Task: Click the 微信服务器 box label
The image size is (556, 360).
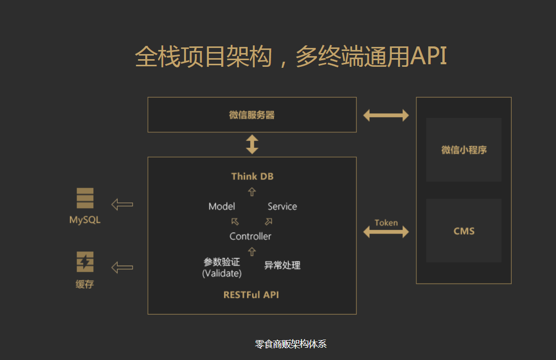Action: tap(252, 115)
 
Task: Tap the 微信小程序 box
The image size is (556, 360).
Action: tap(464, 150)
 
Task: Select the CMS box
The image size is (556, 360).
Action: tap(464, 231)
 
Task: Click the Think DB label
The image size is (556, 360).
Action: tap(252, 176)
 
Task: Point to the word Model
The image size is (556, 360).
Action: tap(222, 207)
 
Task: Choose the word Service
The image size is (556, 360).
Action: tap(282, 207)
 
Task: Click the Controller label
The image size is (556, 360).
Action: tap(250, 236)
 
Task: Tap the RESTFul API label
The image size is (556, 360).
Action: tap(251, 295)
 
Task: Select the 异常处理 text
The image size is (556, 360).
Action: tap(282, 265)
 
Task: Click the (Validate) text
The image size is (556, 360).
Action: tap(222, 273)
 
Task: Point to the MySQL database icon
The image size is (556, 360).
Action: tap(85, 198)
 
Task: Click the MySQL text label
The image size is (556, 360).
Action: tap(85, 220)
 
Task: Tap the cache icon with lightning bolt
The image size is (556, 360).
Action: tap(85, 262)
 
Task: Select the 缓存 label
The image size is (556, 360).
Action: tap(85, 285)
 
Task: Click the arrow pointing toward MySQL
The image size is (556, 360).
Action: tap(122, 204)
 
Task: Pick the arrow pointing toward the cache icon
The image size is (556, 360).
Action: tap(122, 267)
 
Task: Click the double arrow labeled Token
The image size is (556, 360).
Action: tap(386, 232)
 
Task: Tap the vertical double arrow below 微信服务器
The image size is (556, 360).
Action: tap(252, 144)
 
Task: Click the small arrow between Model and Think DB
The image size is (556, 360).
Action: tap(252, 192)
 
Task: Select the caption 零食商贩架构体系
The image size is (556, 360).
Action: tap(290, 344)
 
